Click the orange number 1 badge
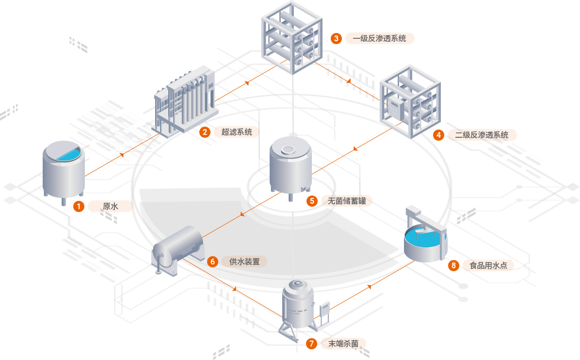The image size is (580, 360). (x=79, y=206)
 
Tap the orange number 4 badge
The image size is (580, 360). (x=439, y=135)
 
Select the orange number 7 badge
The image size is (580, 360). (x=312, y=344)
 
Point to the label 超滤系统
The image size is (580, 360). (x=237, y=132)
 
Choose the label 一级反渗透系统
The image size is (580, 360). (x=380, y=38)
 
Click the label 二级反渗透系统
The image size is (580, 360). (x=482, y=135)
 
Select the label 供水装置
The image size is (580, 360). (x=244, y=262)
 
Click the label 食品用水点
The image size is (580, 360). (x=488, y=265)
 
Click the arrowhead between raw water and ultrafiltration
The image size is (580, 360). (x=122, y=155)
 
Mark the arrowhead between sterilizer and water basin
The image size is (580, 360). (x=370, y=286)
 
